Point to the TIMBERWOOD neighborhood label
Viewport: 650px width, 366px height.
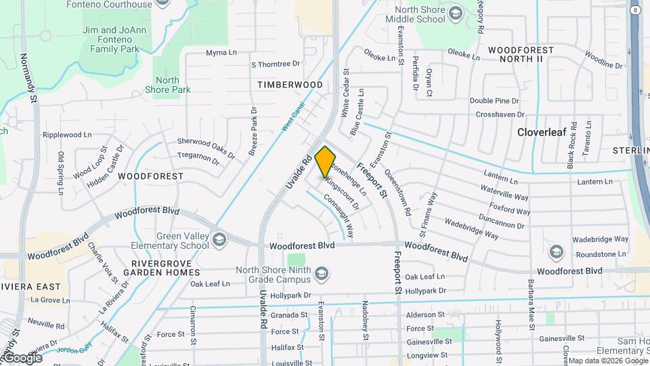pos(290,85)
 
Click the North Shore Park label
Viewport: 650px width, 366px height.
pos(172,85)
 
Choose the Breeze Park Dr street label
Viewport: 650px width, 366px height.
pos(254,131)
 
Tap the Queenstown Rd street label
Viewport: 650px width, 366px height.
pos(397,192)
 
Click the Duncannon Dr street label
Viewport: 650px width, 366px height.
pos(500,218)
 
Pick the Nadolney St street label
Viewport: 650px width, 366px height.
pos(365,321)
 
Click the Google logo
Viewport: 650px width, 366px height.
pos(23,357)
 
